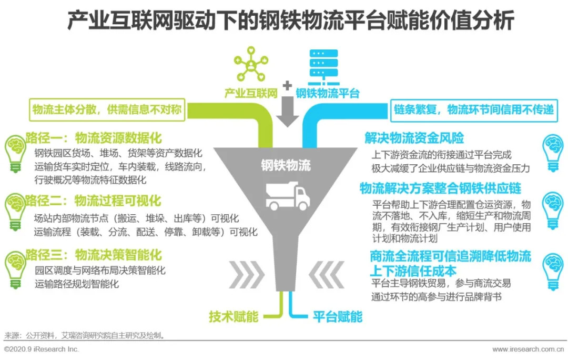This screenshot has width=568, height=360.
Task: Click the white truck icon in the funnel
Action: [x=288, y=196]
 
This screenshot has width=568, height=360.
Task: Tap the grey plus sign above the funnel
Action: [x=287, y=86]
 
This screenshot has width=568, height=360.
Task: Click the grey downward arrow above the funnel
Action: [x=287, y=112]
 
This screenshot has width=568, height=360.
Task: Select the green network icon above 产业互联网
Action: [x=251, y=64]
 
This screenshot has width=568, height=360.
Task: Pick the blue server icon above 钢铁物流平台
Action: [x=323, y=67]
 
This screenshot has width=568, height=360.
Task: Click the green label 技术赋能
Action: [x=234, y=316]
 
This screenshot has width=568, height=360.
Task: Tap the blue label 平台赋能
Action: [x=338, y=316]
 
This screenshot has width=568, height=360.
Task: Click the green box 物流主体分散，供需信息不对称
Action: [x=107, y=109]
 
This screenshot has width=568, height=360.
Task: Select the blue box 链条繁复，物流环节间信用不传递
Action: [x=474, y=110]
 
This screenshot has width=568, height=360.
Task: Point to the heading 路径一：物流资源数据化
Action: [x=94, y=138]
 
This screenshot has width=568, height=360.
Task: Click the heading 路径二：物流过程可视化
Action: [x=94, y=201]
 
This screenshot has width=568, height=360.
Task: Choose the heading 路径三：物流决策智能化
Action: [x=94, y=255]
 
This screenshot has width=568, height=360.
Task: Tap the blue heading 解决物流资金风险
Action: [x=414, y=138]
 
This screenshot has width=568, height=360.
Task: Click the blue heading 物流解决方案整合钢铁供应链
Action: [x=441, y=188]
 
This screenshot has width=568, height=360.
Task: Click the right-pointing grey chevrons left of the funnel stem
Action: [x=247, y=274]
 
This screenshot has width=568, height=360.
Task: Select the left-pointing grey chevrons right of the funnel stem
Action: [x=327, y=274]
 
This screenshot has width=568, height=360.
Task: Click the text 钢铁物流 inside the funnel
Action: [x=286, y=165]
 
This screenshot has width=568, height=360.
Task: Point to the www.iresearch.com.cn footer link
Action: [x=528, y=349]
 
